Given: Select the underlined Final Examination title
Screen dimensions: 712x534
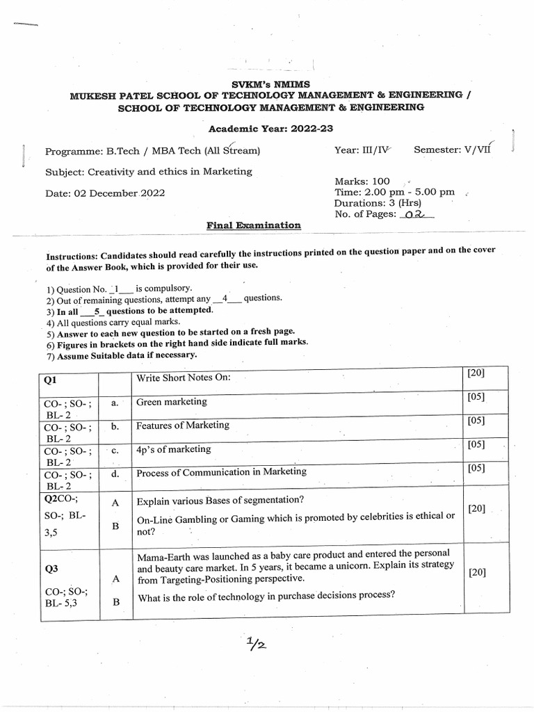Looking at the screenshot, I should click(x=254, y=225).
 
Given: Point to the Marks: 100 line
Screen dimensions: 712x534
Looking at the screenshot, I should click(x=362, y=181).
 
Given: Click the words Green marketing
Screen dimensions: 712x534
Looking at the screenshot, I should click(x=172, y=401).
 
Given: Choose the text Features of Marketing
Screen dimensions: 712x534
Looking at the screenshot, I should click(x=182, y=425).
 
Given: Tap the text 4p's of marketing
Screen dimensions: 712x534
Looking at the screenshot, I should click(x=173, y=449).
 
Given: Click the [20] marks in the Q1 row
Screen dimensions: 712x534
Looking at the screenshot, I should click(x=476, y=373).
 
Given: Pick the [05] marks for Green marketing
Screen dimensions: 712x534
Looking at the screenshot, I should click(x=476, y=397).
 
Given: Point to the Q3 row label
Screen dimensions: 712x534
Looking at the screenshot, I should click(x=51, y=569).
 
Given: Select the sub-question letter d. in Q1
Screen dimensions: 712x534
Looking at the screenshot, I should click(x=115, y=474).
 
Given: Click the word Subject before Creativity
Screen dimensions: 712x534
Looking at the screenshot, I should click(x=64, y=172).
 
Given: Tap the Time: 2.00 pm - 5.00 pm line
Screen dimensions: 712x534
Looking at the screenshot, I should click(x=394, y=192).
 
